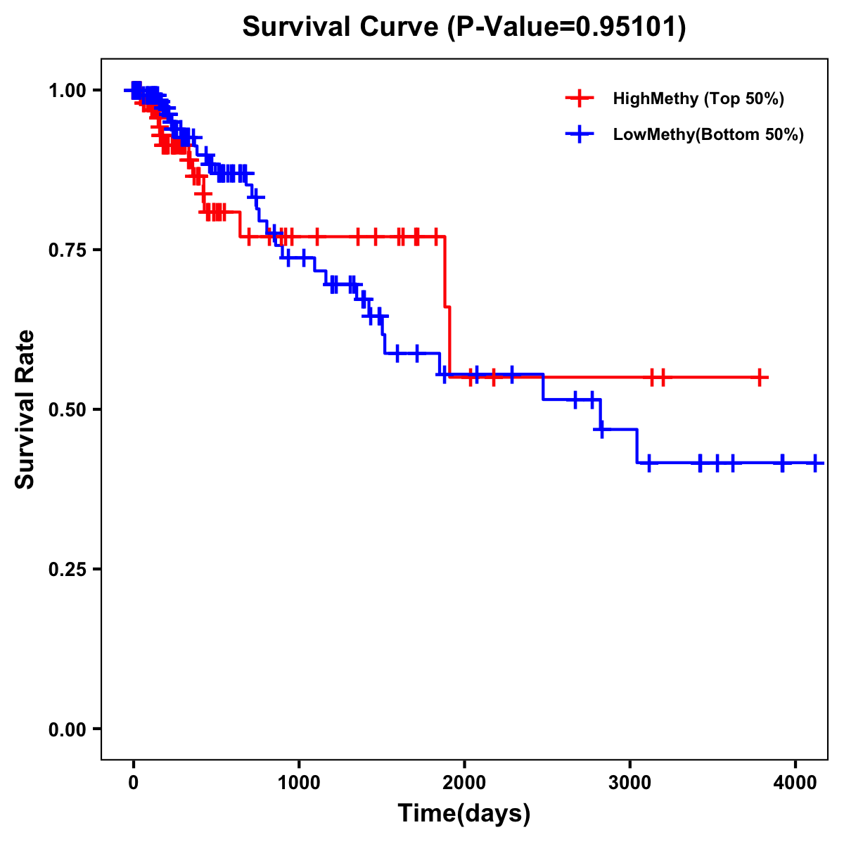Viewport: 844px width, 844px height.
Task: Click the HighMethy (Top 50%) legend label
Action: point(698,98)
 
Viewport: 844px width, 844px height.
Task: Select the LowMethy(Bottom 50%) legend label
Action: point(708,135)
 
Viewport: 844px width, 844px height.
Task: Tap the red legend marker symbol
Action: point(580,98)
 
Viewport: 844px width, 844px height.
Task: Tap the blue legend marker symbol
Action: point(580,135)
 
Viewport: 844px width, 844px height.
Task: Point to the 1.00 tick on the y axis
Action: point(68,90)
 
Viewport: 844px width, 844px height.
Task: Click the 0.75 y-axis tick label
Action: point(68,250)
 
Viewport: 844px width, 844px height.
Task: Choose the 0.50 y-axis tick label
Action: point(68,409)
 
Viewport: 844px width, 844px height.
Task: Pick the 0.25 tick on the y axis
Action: point(68,569)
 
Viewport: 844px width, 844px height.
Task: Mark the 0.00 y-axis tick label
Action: point(68,729)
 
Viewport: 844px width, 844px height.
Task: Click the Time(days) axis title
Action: point(464,814)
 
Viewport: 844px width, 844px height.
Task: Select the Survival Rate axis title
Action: point(25,409)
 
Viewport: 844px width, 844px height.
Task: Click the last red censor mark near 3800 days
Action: point(760,377)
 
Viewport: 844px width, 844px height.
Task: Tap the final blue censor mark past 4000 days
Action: point(815,463)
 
